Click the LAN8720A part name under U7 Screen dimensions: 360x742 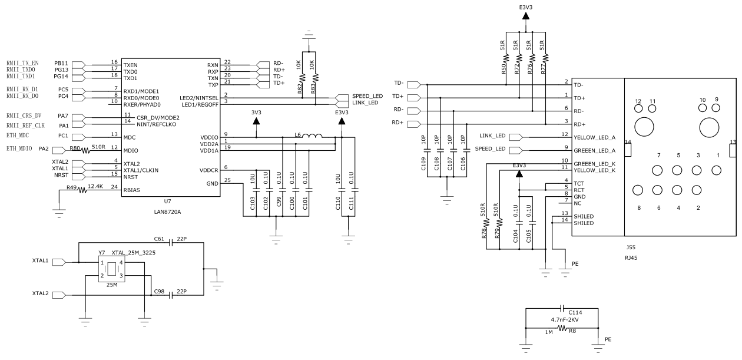pos(168,210)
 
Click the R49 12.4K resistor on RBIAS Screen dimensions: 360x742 pos(78,190)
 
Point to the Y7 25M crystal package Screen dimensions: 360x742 pos(111,268)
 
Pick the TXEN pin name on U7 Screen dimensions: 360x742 pos(131,65)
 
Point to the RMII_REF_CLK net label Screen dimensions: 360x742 pos(25,125)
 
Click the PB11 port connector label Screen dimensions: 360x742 pos(61,62)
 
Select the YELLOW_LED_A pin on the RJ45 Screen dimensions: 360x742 pos(594,137)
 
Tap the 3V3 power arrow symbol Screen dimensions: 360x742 pos(256,121)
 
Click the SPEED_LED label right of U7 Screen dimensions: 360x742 pos(367,95)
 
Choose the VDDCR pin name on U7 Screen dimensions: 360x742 pos(209,170)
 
